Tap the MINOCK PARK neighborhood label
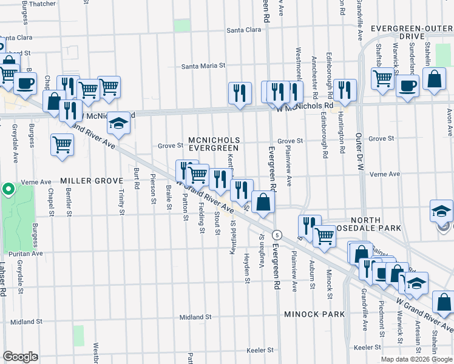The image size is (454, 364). coord(314,314)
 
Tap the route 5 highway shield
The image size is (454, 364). coord(277,234)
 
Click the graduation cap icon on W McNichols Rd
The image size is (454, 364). coord(119,123)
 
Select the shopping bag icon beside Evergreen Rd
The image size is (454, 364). coord(263,201)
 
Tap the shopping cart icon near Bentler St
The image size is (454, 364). coord(63,145)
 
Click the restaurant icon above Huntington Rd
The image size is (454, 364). coord(345,90)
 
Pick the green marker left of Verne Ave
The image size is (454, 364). coord(8,190)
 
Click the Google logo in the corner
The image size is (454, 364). coord(21,356)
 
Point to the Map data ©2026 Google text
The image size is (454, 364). coord(416,359)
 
